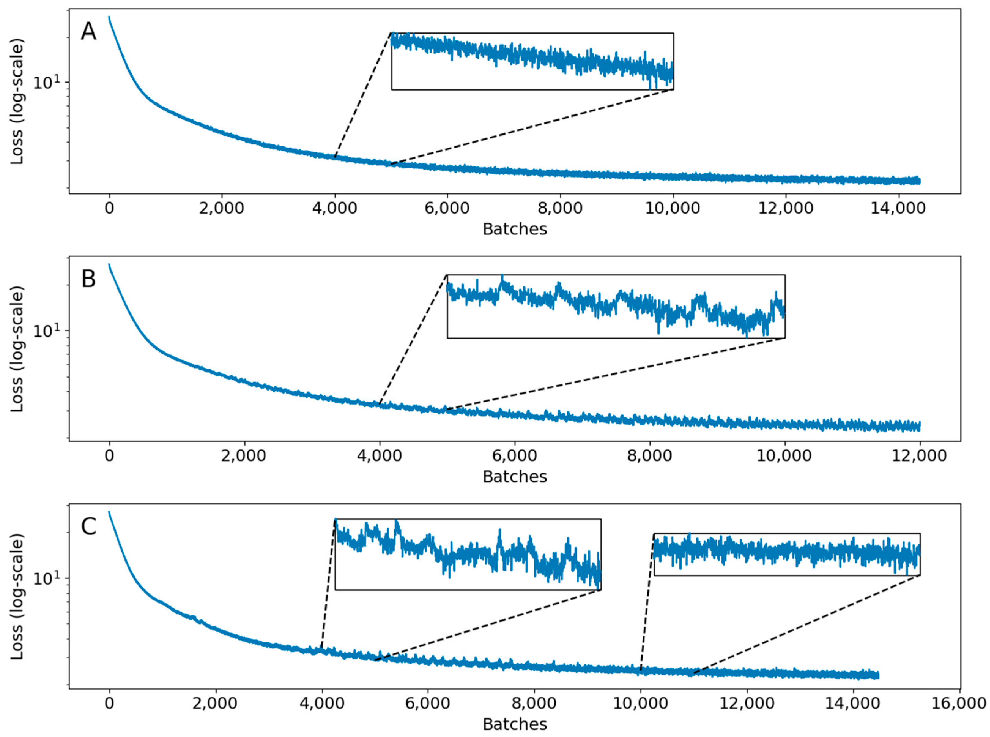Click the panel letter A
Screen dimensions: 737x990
click(x=88, y=32)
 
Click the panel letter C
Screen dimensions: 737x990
click(x=88, y=527)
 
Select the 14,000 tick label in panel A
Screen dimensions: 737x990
click(x=898, y=208)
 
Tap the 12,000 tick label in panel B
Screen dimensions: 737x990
click(x=920, y=455)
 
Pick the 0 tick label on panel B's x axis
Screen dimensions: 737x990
click(x=110, y=455)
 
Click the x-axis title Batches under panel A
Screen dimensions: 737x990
click(x=514, y=229)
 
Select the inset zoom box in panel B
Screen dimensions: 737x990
click(x=616, y=306)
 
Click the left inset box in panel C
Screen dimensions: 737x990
click(x=468, y=554)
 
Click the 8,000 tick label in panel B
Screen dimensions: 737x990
click(x=650, y=455)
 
